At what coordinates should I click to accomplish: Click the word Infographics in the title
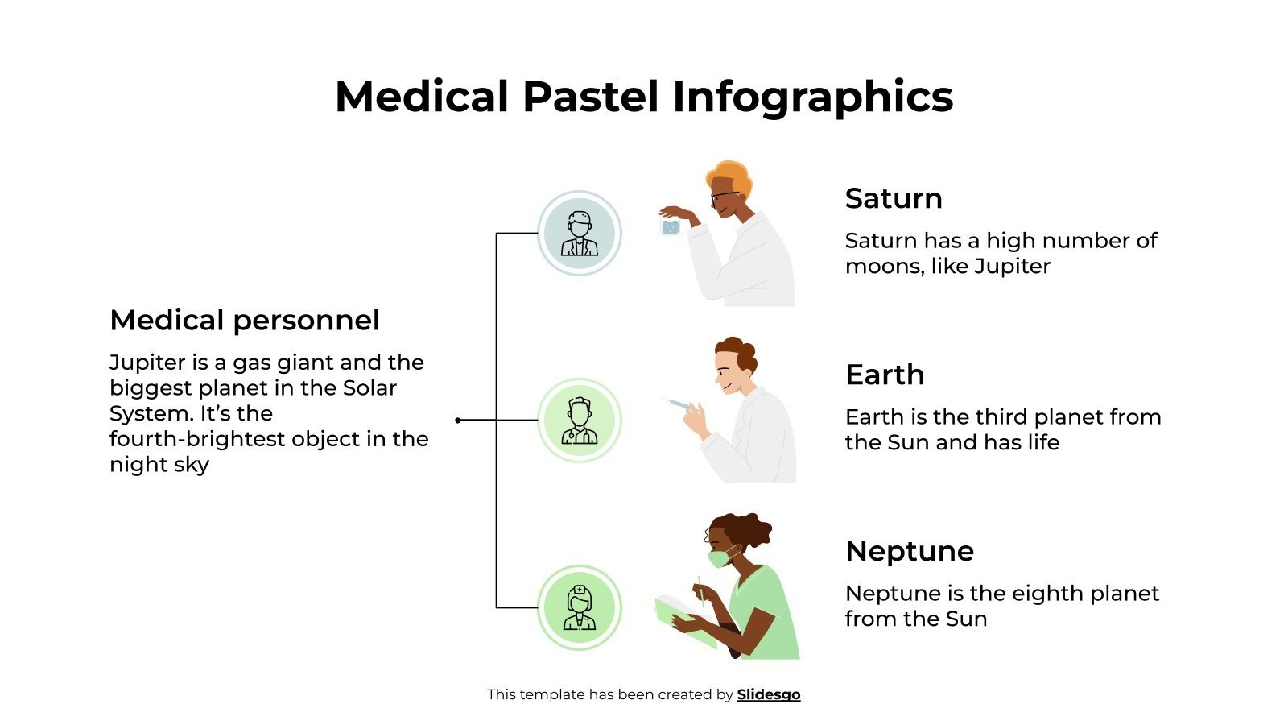click(x=812, y=98)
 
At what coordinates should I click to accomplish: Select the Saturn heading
click(x=893, y=198)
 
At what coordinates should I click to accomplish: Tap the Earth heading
click(x=884, y=375)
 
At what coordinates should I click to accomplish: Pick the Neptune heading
click(x=909, y=551)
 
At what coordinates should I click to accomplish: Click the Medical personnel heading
click(x=244, y=320)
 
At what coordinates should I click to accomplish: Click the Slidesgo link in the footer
click(x=768, y=694)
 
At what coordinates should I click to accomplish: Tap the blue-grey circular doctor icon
click(x=579, y=234)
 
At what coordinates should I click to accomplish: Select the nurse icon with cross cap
click(x=579, y=607)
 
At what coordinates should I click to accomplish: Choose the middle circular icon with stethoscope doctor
click(x=579, y=420)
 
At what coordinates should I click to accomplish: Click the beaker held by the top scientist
click(x=670, y=227)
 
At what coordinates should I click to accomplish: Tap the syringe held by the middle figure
click(x=676, y=404)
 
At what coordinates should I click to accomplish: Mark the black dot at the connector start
click(x=458, y=420)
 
